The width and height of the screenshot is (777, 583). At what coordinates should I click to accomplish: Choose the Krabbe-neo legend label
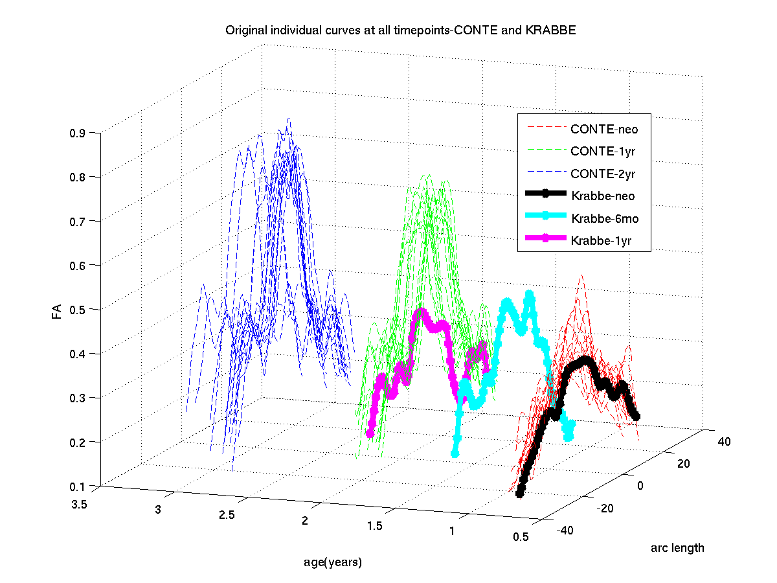click(x=603, y=196)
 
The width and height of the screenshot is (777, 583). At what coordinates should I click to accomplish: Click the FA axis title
click(x=57, y=313)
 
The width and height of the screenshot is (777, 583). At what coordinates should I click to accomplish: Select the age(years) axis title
click(x=333, y=562)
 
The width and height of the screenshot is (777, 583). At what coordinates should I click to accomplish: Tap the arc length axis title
click(x=677, y=548)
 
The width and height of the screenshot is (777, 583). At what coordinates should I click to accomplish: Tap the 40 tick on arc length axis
click(x=724, y=442)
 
